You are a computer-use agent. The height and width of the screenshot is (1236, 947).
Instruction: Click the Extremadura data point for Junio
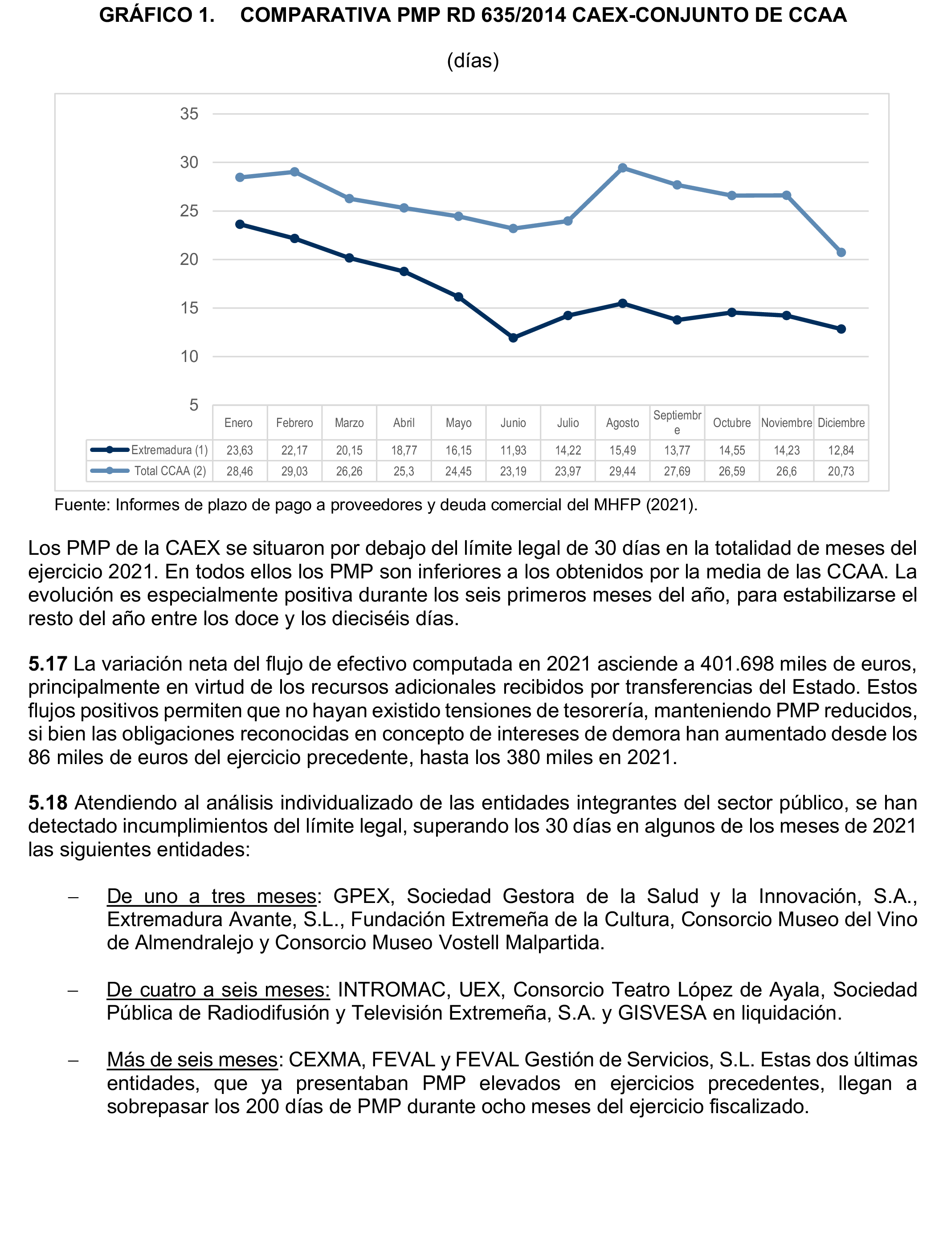513,338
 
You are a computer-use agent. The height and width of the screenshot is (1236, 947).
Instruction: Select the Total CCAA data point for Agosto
622,168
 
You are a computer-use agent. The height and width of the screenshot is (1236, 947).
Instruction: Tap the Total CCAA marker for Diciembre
841,252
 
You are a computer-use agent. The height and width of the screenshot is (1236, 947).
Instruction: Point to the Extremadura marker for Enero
240,224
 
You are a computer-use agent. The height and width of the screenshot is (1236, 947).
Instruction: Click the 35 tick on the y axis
189,114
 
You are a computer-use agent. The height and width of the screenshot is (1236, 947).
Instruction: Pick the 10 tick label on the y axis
189,357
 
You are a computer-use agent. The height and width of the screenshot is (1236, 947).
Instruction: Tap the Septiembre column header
677,423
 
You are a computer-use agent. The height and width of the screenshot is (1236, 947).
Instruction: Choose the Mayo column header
458,423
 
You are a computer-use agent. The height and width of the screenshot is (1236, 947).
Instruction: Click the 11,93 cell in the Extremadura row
513,451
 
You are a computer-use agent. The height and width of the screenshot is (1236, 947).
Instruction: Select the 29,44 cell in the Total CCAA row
622,472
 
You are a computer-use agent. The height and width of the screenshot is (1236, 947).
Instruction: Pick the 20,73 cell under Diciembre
841,472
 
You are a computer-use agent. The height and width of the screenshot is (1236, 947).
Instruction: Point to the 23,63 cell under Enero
240,451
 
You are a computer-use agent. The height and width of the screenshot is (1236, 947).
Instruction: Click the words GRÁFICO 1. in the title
157,16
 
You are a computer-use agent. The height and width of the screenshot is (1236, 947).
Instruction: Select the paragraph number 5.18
48,803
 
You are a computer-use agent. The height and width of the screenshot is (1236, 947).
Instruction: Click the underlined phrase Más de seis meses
192,1060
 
